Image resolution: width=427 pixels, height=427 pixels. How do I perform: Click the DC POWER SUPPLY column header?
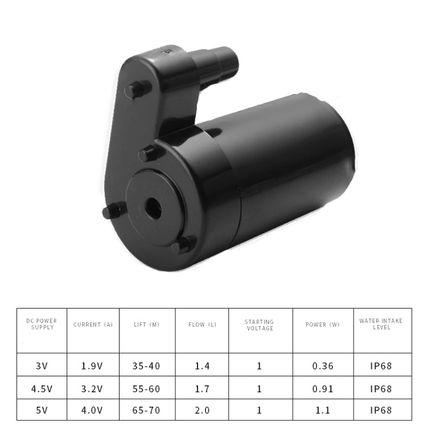[42, 324]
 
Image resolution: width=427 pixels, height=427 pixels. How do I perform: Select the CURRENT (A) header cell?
[93, 325]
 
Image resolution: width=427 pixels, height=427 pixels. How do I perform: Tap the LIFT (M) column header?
[146, 325]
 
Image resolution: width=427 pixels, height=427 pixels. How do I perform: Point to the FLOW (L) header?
[202, 325]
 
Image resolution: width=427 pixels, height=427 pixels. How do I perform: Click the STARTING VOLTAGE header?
[260, 325]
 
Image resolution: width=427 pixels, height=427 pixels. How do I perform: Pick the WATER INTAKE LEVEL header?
[381, 324]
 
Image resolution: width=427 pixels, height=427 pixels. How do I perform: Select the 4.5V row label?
[42, 389]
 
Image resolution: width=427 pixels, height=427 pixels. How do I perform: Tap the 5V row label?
[42, 410]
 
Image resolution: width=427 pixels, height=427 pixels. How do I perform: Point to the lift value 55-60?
[146, 389]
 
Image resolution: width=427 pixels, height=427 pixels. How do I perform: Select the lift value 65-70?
[146, 410]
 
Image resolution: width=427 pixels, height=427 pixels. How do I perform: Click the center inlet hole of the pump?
[153, 209]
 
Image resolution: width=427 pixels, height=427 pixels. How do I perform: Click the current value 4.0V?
[93, 410]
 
